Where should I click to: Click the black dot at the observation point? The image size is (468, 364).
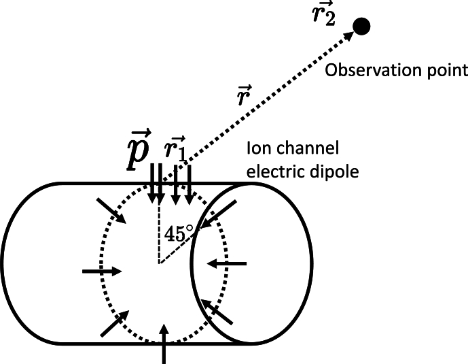(x=362, y=27)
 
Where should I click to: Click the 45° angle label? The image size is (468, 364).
(x=177, y=233)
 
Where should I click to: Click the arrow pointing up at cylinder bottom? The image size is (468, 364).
(x=164, y=344)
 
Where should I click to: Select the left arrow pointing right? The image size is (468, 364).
(x=102, y=271)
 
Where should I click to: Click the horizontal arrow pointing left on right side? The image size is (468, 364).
(x=226, y=262)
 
